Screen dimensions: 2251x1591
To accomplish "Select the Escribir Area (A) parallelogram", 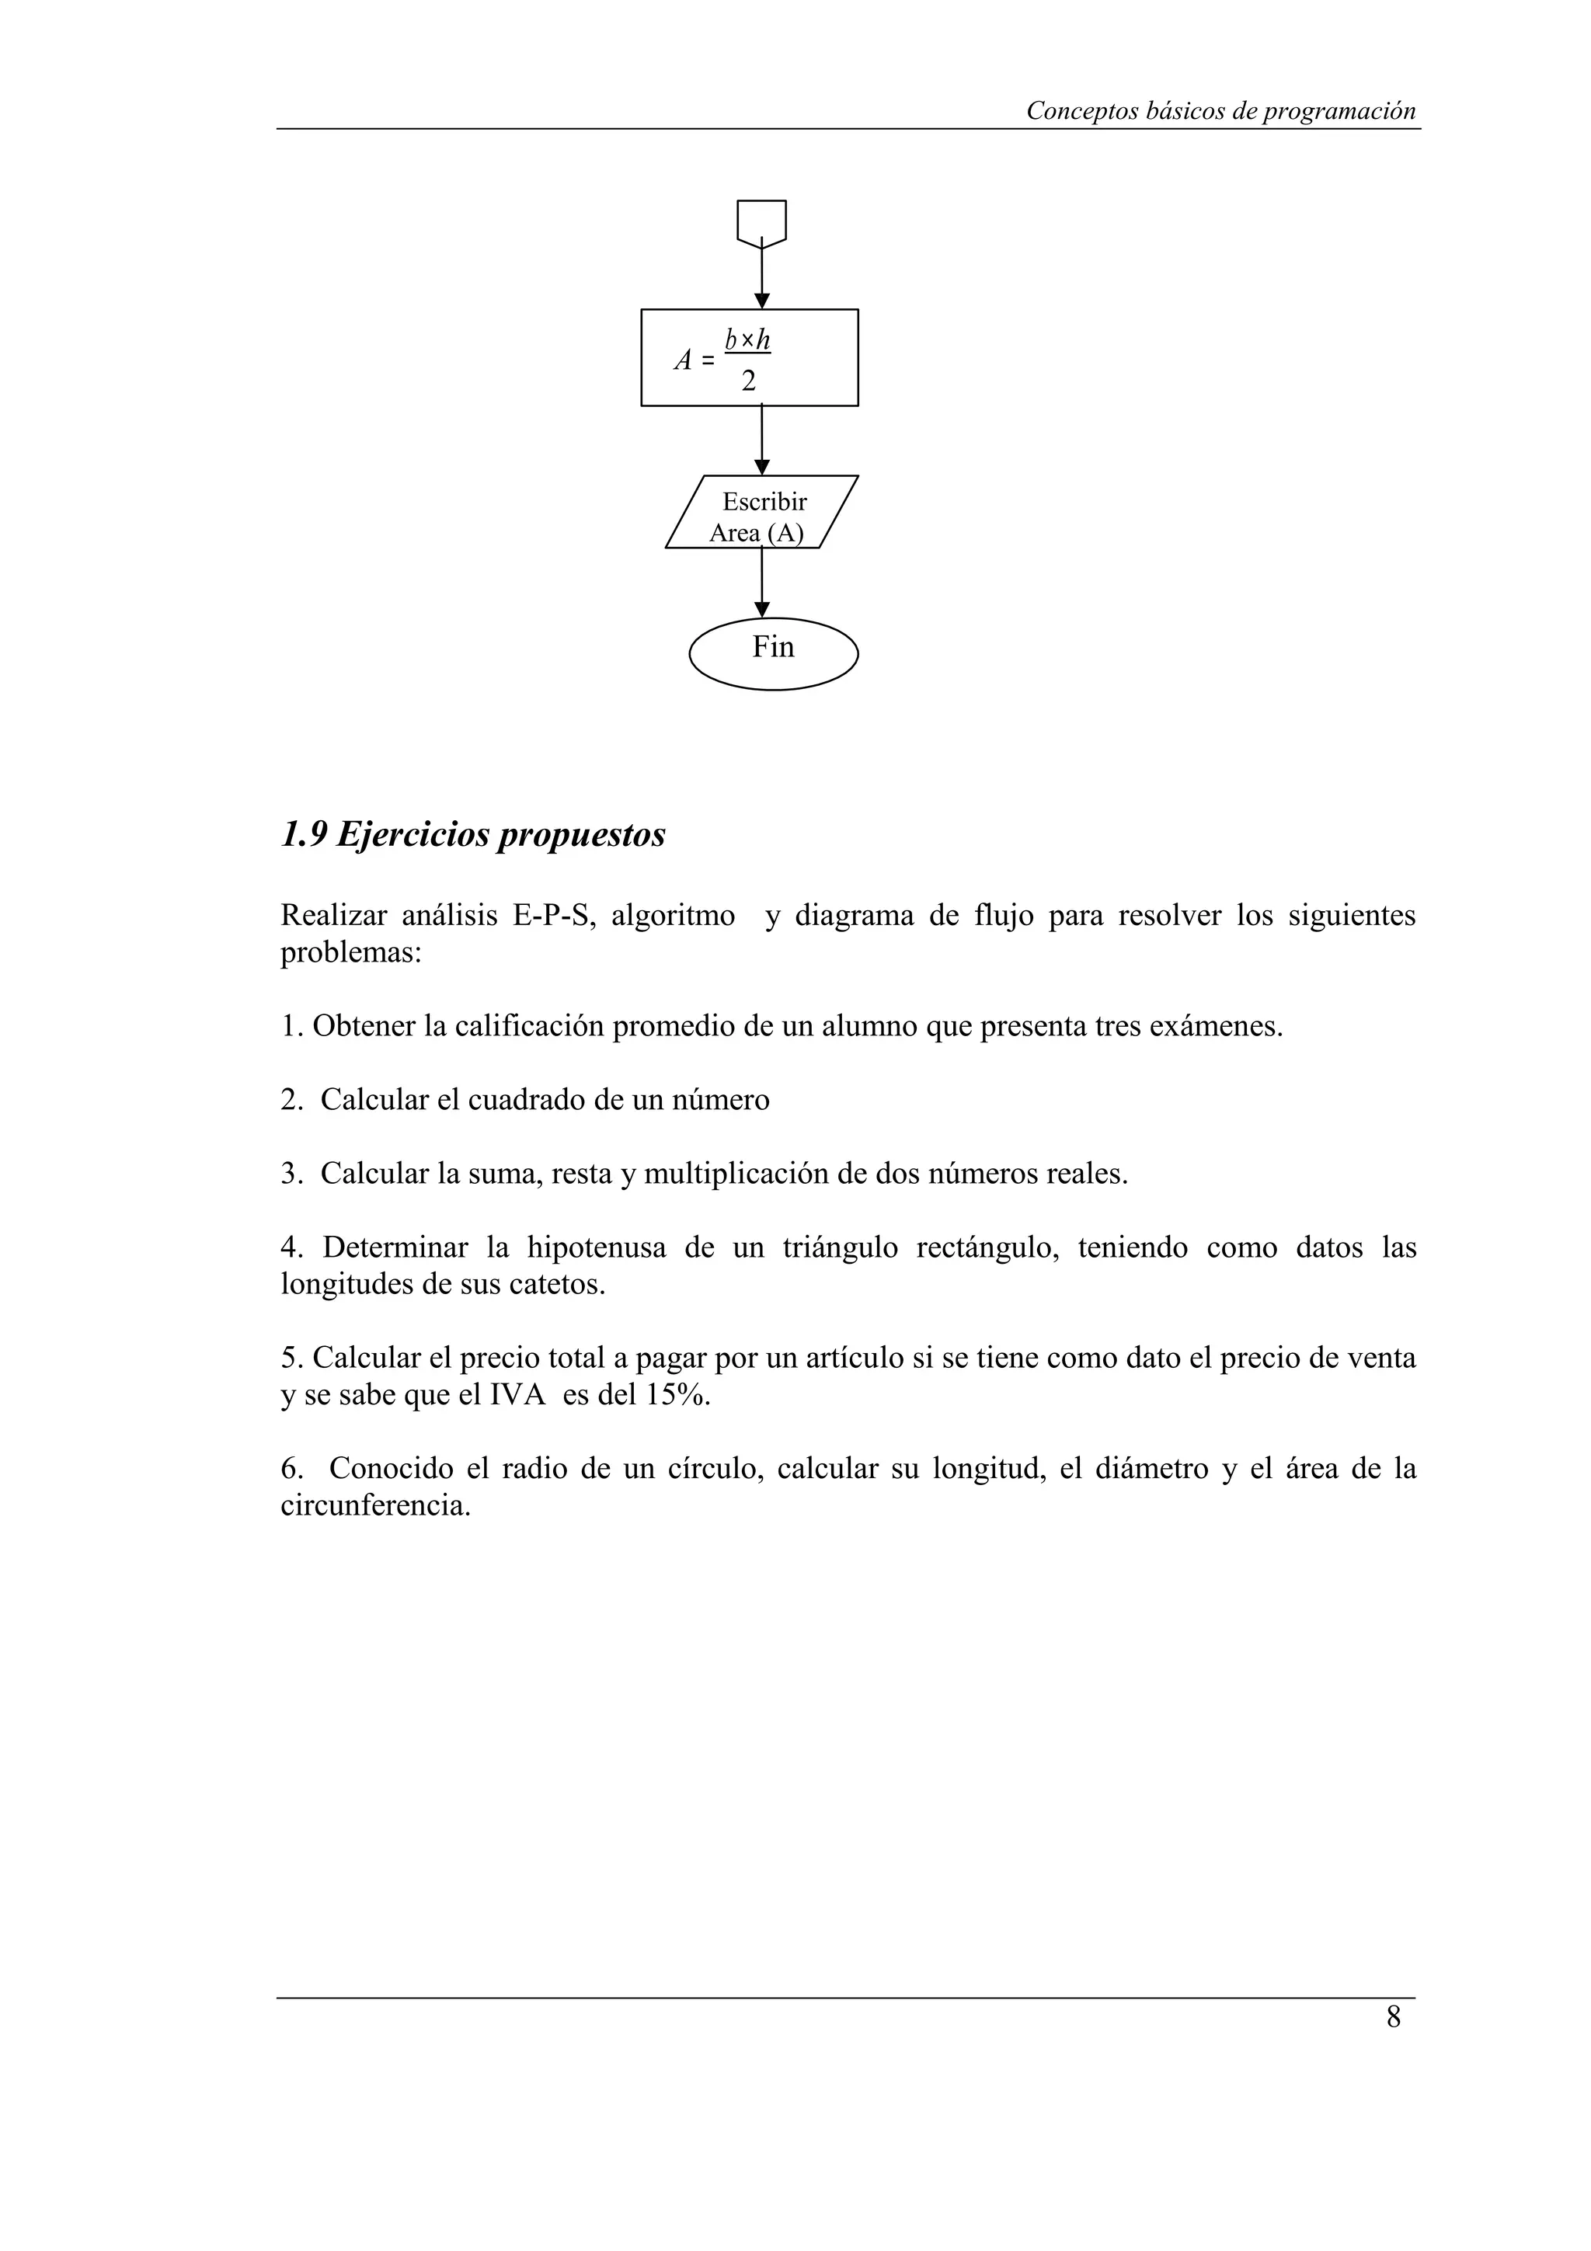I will [x=761, y=512].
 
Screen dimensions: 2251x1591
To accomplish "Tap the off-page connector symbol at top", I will [x=761, y=221].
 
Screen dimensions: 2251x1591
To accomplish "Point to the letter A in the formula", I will [x=684, y=360].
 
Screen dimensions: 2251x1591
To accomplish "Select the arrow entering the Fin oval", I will [x=761, y=584].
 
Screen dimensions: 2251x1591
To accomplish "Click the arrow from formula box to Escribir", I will [x=761, y=441].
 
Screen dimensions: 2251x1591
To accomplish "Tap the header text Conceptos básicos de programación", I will [x=1220, y=111].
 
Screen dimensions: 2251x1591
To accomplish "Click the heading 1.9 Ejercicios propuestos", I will [x=472, y=834].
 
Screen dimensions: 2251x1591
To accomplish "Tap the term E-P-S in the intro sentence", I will [x=554, y=916].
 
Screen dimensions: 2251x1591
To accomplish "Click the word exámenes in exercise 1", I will [x=1216, y=1027].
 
